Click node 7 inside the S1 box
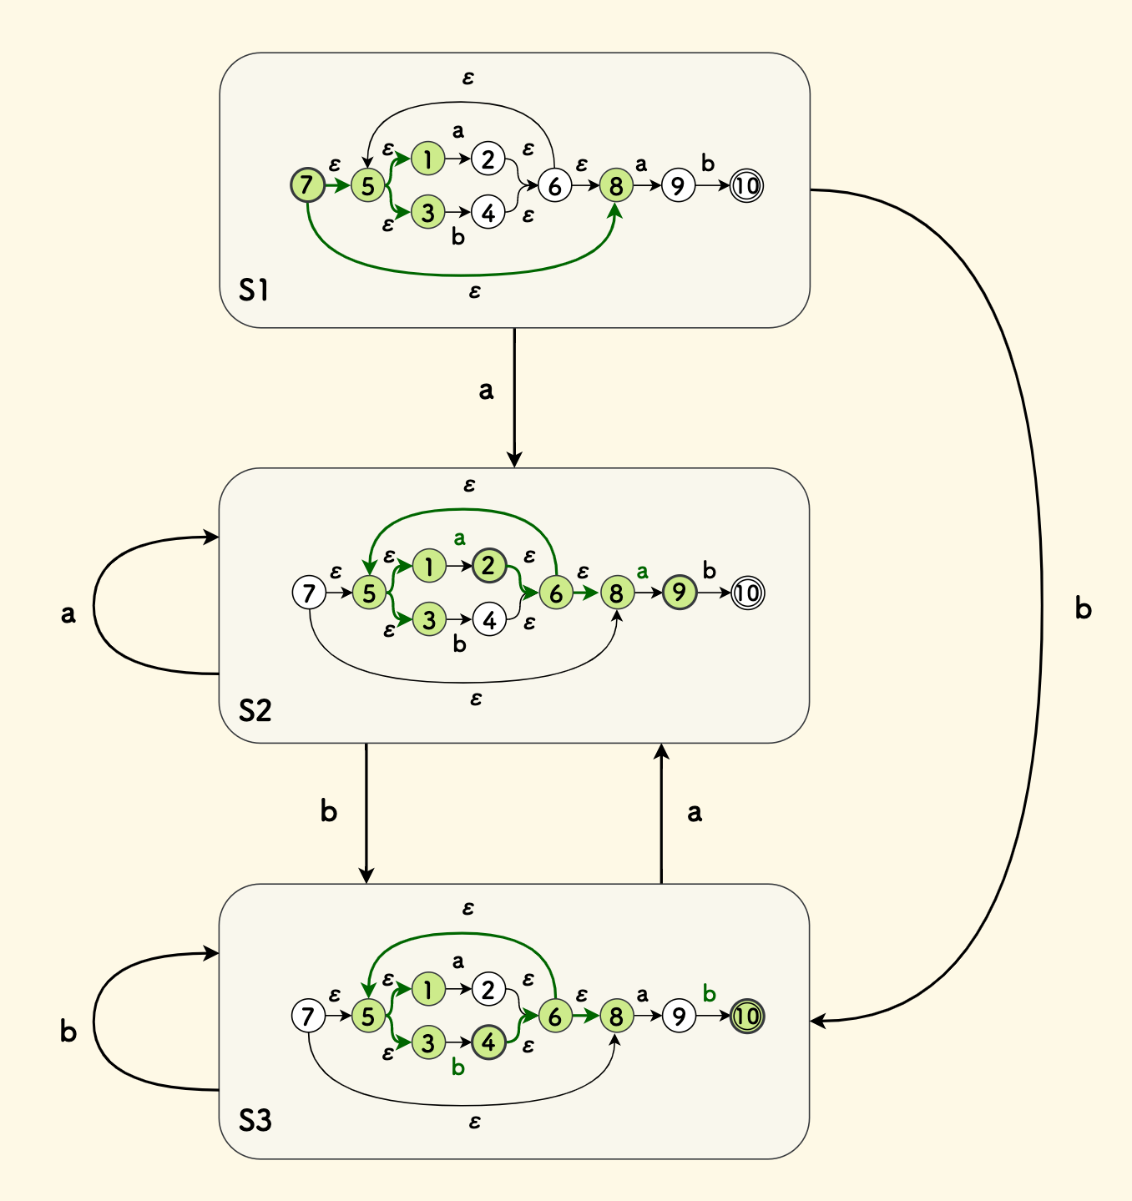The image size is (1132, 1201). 307,184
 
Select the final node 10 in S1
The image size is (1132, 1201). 746,185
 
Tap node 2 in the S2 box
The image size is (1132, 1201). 488,566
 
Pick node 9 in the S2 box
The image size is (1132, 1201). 679,593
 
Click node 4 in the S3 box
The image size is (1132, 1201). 488,1042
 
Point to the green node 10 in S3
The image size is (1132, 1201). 746,1016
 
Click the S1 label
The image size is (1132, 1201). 253,290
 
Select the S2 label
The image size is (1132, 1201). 255,710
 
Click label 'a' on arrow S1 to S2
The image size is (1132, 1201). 486,390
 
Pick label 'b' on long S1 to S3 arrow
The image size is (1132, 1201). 1083,609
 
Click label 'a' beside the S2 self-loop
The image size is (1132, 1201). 68,614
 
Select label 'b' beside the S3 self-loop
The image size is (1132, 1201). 68,1032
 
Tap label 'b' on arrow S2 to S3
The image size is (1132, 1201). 329,810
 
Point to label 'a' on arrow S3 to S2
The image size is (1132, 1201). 695,812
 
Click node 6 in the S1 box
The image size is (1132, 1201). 554,185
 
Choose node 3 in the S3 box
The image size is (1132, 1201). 428,1042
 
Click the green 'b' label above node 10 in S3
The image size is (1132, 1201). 710,993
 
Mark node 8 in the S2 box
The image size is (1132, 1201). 616,593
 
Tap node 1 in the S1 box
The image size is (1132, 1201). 427,159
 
